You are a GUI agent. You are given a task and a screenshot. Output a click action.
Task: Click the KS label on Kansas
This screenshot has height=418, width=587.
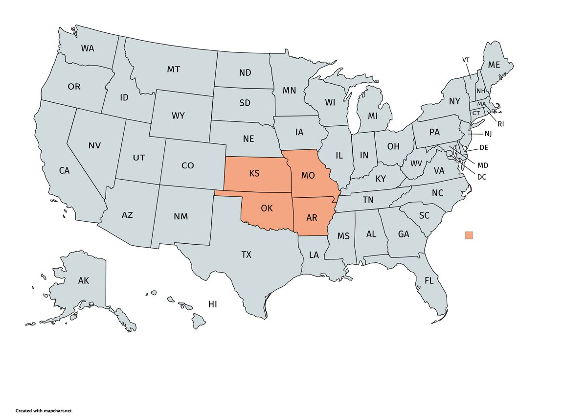coord(254,174)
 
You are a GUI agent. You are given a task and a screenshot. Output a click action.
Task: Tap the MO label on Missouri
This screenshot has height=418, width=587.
coord(308,175)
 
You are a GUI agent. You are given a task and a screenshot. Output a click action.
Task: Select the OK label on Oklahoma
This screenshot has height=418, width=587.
coord(267,208)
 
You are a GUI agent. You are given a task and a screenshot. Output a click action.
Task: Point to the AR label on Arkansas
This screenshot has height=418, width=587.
coord(312,217)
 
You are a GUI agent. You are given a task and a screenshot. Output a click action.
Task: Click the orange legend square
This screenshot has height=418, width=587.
coord(469,235)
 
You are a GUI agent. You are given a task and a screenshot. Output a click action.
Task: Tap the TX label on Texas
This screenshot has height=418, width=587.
coord(246,255)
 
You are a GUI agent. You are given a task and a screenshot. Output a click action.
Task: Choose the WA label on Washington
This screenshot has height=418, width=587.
coord(88,48)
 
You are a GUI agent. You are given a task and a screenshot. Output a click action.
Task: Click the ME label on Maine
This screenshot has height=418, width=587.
coord(494,65)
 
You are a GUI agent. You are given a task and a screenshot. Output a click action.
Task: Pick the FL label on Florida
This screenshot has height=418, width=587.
coord(429,281)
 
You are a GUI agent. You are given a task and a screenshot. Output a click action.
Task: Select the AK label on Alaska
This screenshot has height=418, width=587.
coord(84,281)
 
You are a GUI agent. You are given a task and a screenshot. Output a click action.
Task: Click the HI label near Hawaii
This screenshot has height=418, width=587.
coord(212,304)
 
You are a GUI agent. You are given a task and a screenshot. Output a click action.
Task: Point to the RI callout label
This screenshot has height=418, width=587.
coord(501,124)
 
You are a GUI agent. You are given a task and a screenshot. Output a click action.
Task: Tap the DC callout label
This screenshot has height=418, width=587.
coord(482,177)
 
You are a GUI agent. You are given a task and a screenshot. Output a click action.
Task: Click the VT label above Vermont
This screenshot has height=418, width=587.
coord(466,60)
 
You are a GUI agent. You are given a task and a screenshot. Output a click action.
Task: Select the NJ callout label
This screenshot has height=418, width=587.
coord(488,134)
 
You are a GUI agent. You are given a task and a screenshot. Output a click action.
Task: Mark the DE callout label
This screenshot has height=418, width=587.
coord(484,147)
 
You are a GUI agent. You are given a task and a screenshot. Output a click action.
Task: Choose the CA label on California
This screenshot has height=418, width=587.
coord(65,170)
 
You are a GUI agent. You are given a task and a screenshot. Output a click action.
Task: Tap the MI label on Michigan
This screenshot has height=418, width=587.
coord(373,116)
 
